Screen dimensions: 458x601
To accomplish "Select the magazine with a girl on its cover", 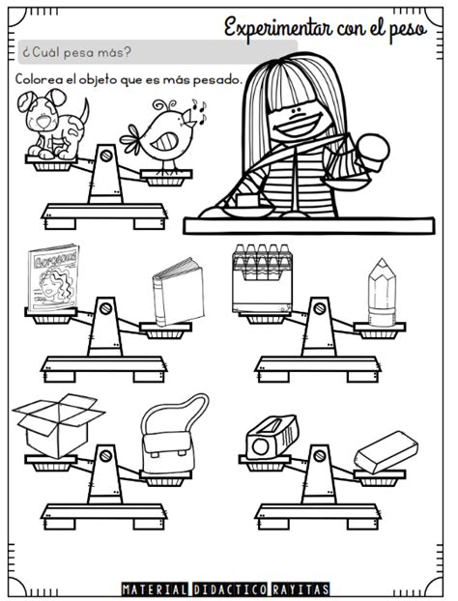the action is coord(54,278).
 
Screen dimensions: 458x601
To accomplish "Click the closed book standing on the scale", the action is coord(178,293).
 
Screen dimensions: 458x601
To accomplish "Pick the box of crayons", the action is coord(263,279).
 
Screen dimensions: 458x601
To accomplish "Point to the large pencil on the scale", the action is coord(382,292).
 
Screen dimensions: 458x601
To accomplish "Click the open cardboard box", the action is coord(58,425).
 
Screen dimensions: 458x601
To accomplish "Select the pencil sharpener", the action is coord(272,437).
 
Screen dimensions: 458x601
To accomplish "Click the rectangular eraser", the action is coord(386,452).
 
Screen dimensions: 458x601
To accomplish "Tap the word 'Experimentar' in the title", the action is coord(278,28).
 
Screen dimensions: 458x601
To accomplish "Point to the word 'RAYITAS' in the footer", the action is coord(301,589).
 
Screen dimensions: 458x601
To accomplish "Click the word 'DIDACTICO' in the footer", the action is coord(229,589).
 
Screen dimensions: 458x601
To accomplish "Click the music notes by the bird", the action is coord(199,111).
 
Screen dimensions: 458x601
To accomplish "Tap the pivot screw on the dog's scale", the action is coord(106,156).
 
